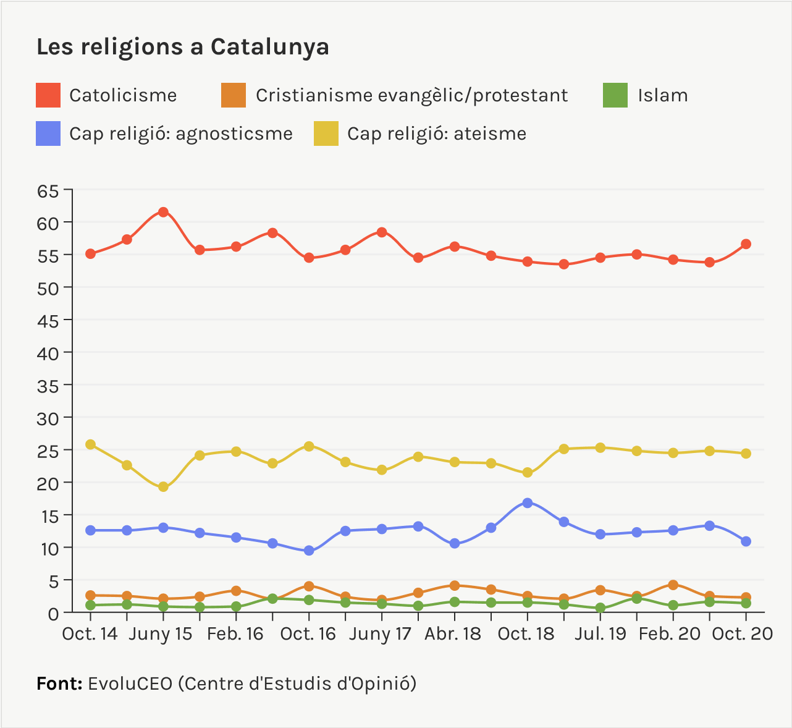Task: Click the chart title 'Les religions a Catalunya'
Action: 182,47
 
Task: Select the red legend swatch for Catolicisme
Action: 48,95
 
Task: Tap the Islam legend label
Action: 662,96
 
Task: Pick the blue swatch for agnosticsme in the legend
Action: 48,133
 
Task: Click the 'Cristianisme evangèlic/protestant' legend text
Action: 411,96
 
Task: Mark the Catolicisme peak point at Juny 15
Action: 163,212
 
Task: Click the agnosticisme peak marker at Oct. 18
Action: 528,503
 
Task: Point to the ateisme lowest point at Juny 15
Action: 163,487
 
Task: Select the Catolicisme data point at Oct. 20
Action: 746,244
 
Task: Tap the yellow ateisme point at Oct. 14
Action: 91,444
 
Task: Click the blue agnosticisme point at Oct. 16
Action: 309,551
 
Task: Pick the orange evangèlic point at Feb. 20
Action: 673,585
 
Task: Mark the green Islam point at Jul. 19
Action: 600,608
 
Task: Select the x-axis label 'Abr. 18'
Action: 453,635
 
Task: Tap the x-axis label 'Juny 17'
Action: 380,635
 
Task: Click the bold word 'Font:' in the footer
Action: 59,684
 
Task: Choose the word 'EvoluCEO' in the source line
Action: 130,684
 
